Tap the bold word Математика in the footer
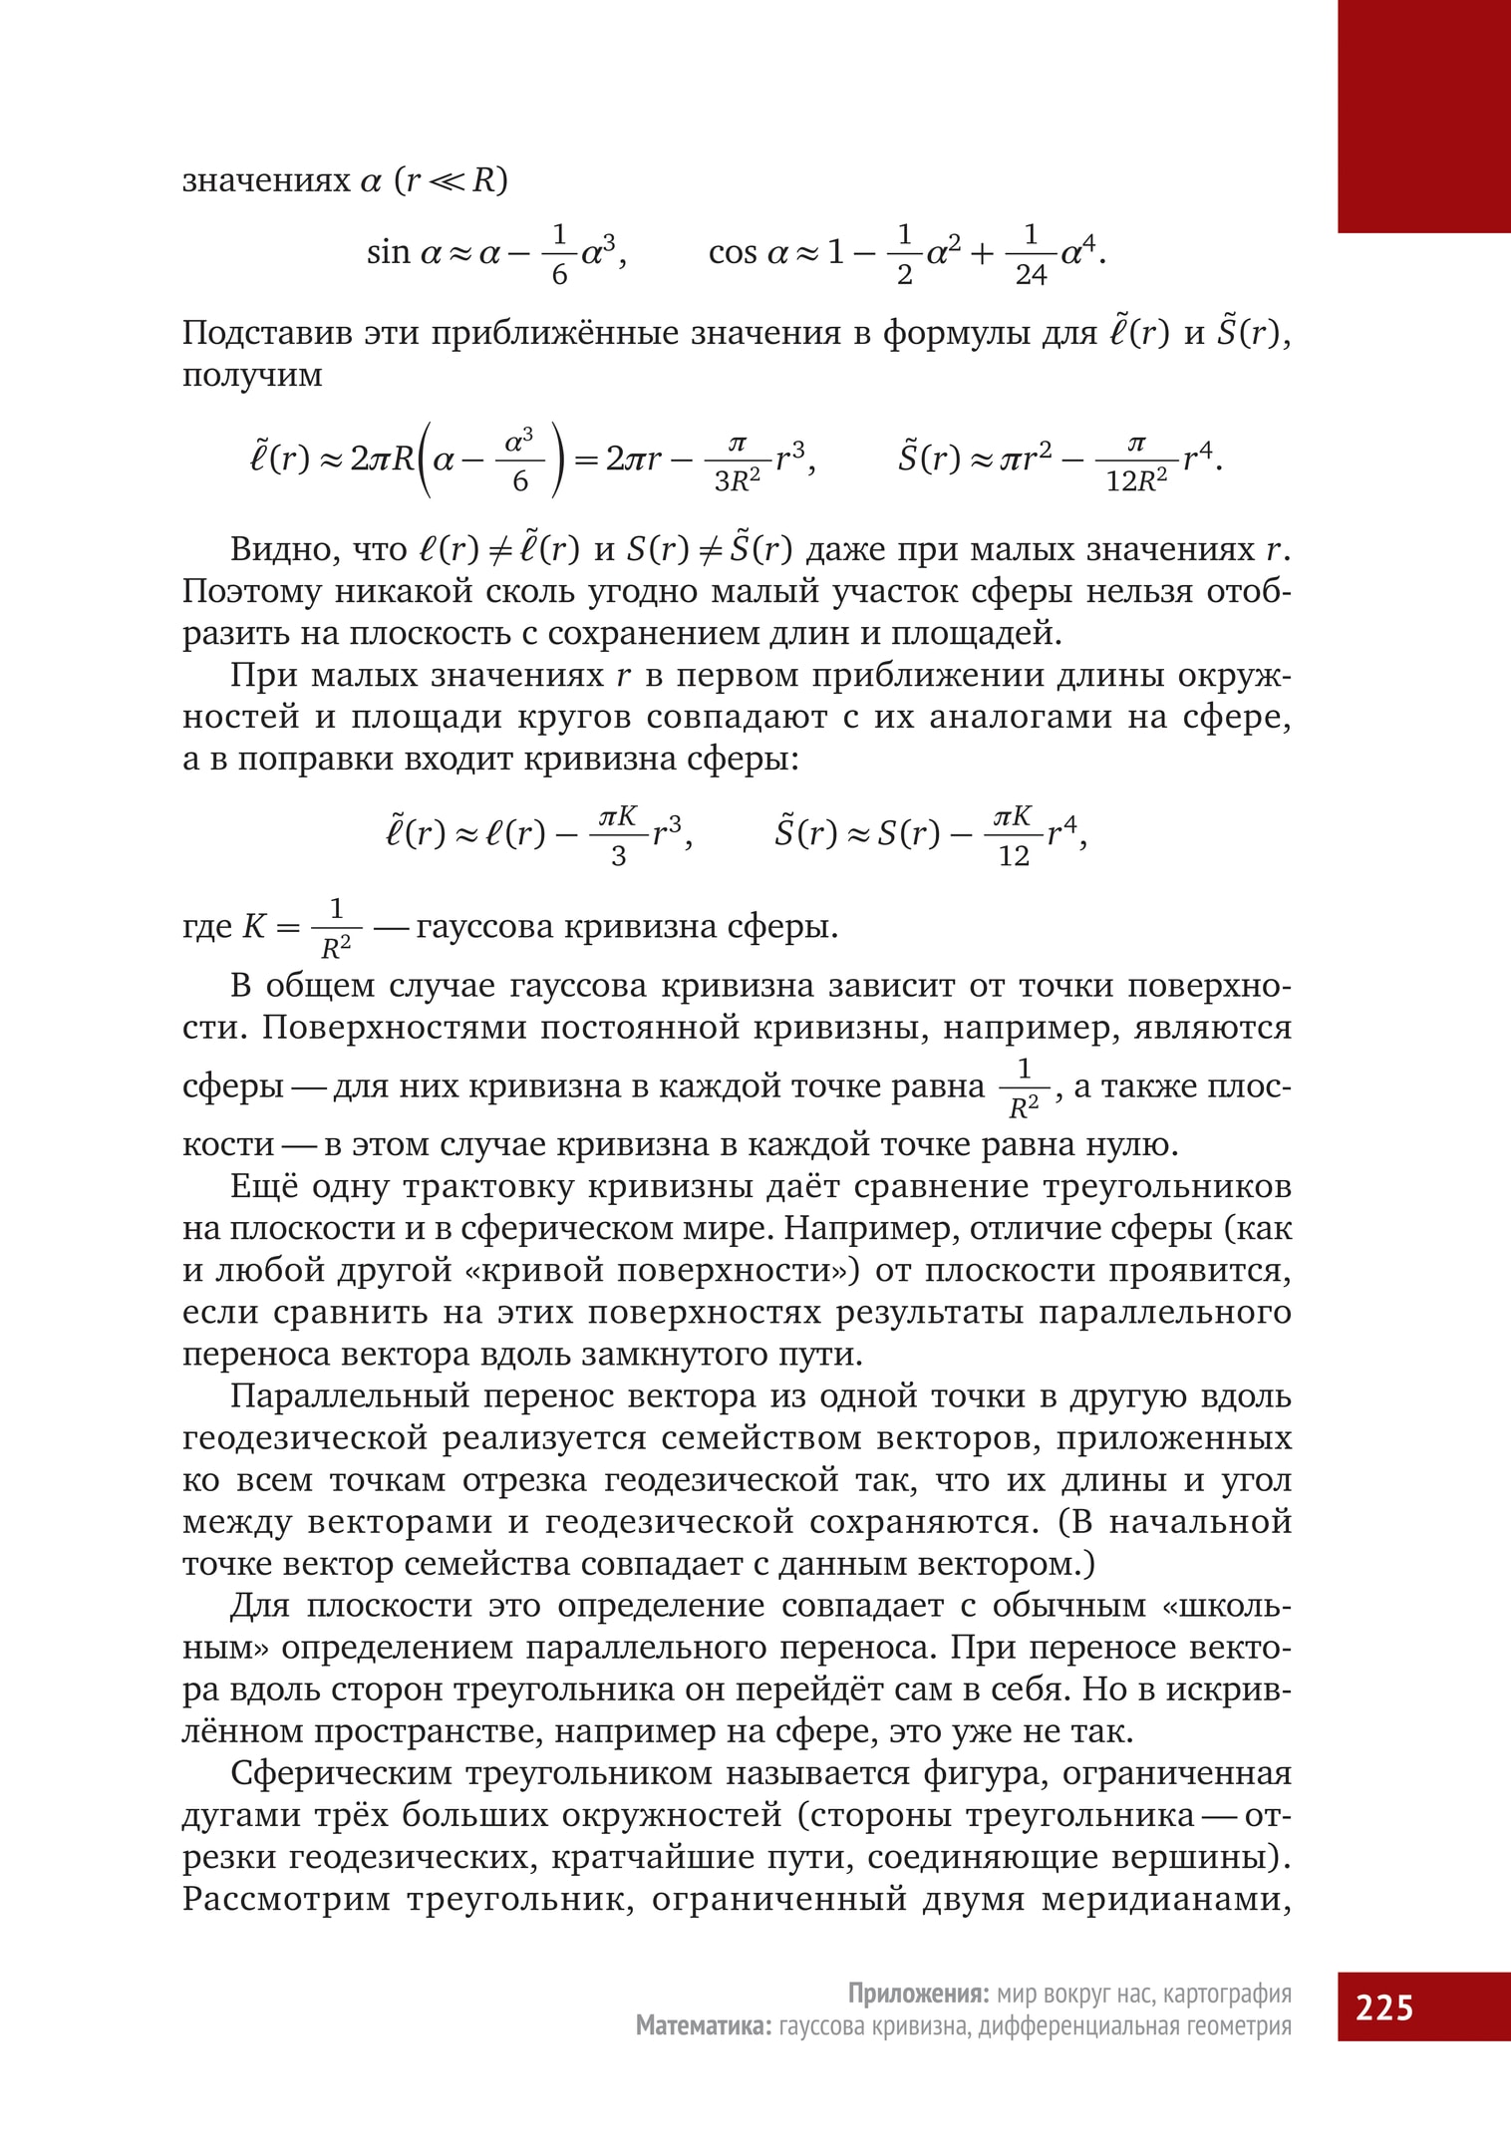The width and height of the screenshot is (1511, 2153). point(702,2025)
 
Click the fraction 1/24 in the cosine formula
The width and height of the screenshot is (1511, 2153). point(1031,254)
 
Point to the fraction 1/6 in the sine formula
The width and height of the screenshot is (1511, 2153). point(559,254)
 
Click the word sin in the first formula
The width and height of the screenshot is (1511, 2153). point(389,253)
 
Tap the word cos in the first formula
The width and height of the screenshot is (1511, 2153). point(733,253)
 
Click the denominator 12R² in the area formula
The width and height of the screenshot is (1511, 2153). point(1136,481)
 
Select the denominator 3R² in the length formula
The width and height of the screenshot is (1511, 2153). point(738,481)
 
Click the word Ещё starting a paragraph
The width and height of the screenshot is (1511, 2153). point(262,1186)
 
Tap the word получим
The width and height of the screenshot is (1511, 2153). point(252,376)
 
